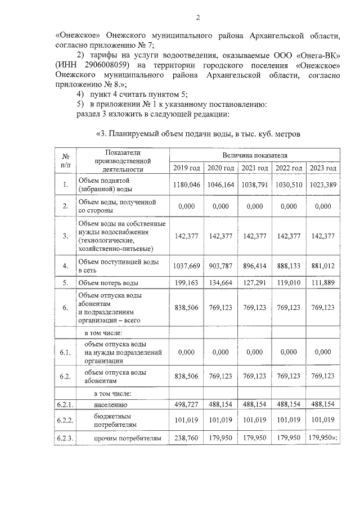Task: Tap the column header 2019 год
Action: point(186,168)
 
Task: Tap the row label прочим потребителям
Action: point(127,437)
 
